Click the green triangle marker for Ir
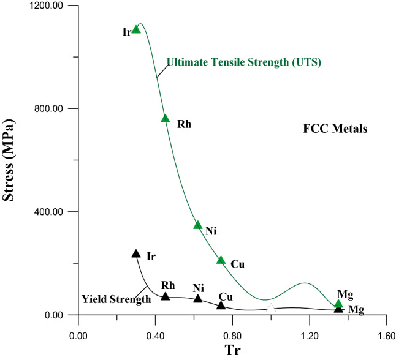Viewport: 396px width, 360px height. pos(136,29)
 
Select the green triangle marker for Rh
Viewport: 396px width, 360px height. pos(165,118)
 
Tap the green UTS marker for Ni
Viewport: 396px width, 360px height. pos(198,225)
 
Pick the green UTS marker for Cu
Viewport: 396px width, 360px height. pos(221,260)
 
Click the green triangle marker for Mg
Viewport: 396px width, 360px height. pos(338,303)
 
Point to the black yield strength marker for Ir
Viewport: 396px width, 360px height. pos(136,253)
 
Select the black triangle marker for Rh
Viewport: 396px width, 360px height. pos(165,296)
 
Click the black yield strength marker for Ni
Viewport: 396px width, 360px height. pos(198,299)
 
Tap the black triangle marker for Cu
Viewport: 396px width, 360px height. pos(221,305)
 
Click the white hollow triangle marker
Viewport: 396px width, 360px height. pos(271,308)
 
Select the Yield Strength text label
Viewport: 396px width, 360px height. pos(116,299)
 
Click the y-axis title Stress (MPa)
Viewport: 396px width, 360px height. pos(10,161)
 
